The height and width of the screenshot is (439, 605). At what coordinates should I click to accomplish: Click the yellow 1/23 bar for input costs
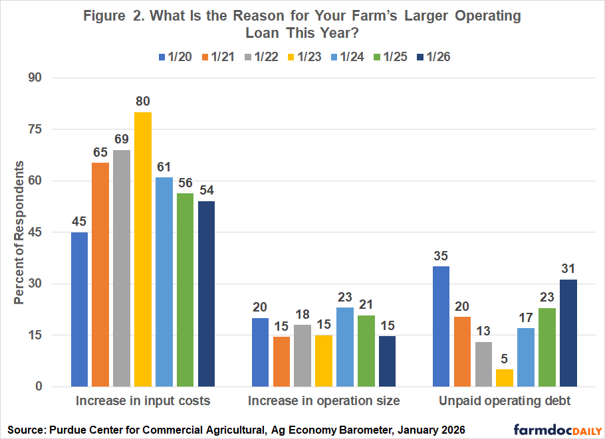142,249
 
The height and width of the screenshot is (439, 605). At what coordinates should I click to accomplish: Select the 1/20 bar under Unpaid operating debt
441,326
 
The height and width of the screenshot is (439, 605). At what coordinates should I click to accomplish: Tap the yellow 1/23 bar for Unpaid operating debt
505,378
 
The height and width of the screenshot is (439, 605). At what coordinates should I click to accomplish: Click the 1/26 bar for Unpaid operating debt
568,333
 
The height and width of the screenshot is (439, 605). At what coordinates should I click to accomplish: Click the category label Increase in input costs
143,401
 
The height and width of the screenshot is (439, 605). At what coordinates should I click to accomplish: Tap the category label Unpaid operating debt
505,401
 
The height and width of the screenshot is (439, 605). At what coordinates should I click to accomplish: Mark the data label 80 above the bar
142,102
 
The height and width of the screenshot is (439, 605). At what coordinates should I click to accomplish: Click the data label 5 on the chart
505,359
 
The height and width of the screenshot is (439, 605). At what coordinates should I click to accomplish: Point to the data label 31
568,269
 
